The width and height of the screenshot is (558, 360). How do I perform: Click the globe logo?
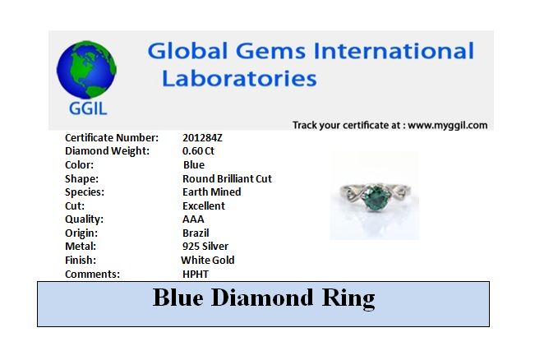point(86,70)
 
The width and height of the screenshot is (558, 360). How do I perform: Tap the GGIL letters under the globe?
point(88,108)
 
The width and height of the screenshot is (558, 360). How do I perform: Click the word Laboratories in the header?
point(239,78)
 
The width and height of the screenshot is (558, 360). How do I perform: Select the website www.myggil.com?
point(447,125)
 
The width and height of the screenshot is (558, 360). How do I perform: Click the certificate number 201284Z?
point(202,137)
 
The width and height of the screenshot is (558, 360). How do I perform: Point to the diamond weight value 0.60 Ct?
point(198,151)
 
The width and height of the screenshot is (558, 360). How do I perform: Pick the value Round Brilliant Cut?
point(227,178)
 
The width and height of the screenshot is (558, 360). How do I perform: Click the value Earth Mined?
point(212,192)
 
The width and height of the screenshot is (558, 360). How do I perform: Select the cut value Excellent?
point(204,205)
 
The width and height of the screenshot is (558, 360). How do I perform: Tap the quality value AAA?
point(193,219)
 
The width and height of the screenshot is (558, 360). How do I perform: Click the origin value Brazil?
point(196,233)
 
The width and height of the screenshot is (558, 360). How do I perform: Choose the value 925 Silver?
point(205,246)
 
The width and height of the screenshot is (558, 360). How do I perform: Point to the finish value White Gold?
point(208,260)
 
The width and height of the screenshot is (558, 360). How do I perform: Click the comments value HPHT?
point(196,275)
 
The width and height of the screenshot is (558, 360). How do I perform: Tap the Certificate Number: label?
point(112,137)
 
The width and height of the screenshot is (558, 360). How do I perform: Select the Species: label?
point(85,192)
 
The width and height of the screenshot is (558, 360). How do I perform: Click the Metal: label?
point(81,246)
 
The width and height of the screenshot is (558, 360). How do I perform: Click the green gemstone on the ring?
point(374,196)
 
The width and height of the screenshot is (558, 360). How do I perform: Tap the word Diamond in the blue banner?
point(262,298)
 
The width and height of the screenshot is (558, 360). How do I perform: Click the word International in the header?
point(394,51)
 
